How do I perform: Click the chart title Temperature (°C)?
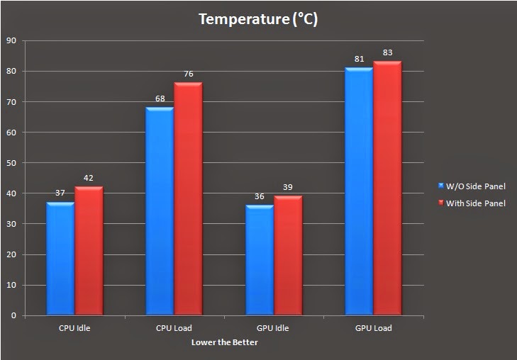point(258,19)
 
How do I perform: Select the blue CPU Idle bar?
point(60,259)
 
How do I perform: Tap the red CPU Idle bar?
point(89,251)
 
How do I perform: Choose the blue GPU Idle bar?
point(260,260)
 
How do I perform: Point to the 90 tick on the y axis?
point(11,40)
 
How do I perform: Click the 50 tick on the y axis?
point(11,163)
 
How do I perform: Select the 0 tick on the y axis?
point(13,316)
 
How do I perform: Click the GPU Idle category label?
point(274,328)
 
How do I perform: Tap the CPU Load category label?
point(174,328)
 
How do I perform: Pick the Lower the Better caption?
point(224,342)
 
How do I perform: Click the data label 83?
point(387,52)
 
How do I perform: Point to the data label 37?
point(60,193)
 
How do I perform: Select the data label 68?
point(160,99)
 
